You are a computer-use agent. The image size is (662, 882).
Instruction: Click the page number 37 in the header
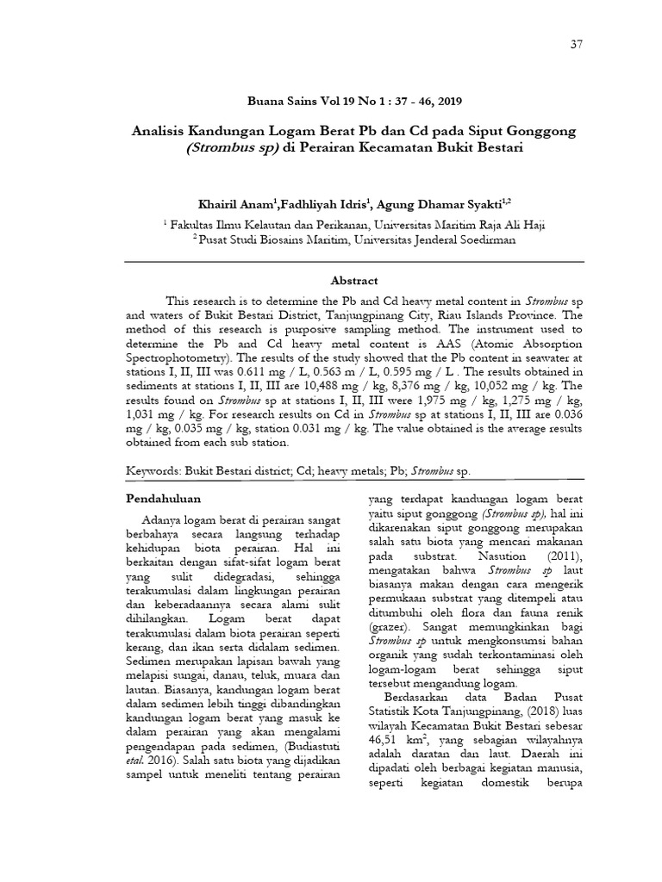pos(577,46)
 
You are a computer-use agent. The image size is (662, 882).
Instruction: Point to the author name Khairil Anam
pos(235,203)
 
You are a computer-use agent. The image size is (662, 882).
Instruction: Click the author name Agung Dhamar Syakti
pos(441,203)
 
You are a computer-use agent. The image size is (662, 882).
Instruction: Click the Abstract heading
pos(354,280)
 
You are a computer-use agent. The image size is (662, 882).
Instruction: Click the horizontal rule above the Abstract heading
pos(354,260)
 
